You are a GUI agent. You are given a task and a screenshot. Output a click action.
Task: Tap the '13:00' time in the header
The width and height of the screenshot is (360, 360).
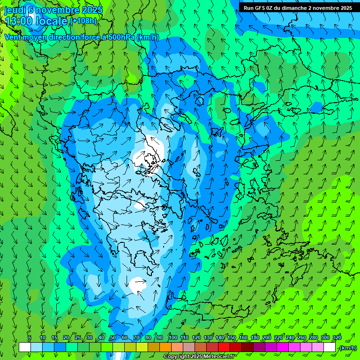(19, 21)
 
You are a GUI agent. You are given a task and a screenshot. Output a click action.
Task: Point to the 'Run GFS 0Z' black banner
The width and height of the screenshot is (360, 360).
(298, 7)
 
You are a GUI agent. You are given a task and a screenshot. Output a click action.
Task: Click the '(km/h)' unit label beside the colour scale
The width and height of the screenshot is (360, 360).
(348, 348)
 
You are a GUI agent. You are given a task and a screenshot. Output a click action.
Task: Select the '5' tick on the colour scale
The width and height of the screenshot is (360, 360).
(30, 338)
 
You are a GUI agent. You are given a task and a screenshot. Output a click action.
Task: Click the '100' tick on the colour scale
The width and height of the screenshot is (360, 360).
(172, 338)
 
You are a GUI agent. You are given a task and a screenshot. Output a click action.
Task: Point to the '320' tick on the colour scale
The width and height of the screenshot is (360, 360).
(337, 338)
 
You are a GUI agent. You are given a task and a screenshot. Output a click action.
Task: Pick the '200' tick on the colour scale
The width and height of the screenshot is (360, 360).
(267, 338)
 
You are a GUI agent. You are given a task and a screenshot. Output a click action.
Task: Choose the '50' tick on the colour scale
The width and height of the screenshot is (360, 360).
(112, 338)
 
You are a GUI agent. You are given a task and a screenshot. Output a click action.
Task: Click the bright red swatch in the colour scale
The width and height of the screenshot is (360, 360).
(224, 347)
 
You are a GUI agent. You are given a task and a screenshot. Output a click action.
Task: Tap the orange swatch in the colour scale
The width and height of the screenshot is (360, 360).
(165, 347)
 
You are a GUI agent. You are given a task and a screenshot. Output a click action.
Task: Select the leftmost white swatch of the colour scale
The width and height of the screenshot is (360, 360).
(24, 347)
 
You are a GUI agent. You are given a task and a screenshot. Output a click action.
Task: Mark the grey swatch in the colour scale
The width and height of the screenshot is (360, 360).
(189, 347)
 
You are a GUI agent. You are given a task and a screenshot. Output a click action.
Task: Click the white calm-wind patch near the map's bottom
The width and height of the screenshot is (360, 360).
(138, 284)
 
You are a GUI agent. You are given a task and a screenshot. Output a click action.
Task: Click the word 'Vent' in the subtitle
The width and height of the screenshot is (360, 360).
(13, 37)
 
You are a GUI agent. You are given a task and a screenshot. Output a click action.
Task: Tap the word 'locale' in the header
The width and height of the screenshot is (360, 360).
(51, 21)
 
